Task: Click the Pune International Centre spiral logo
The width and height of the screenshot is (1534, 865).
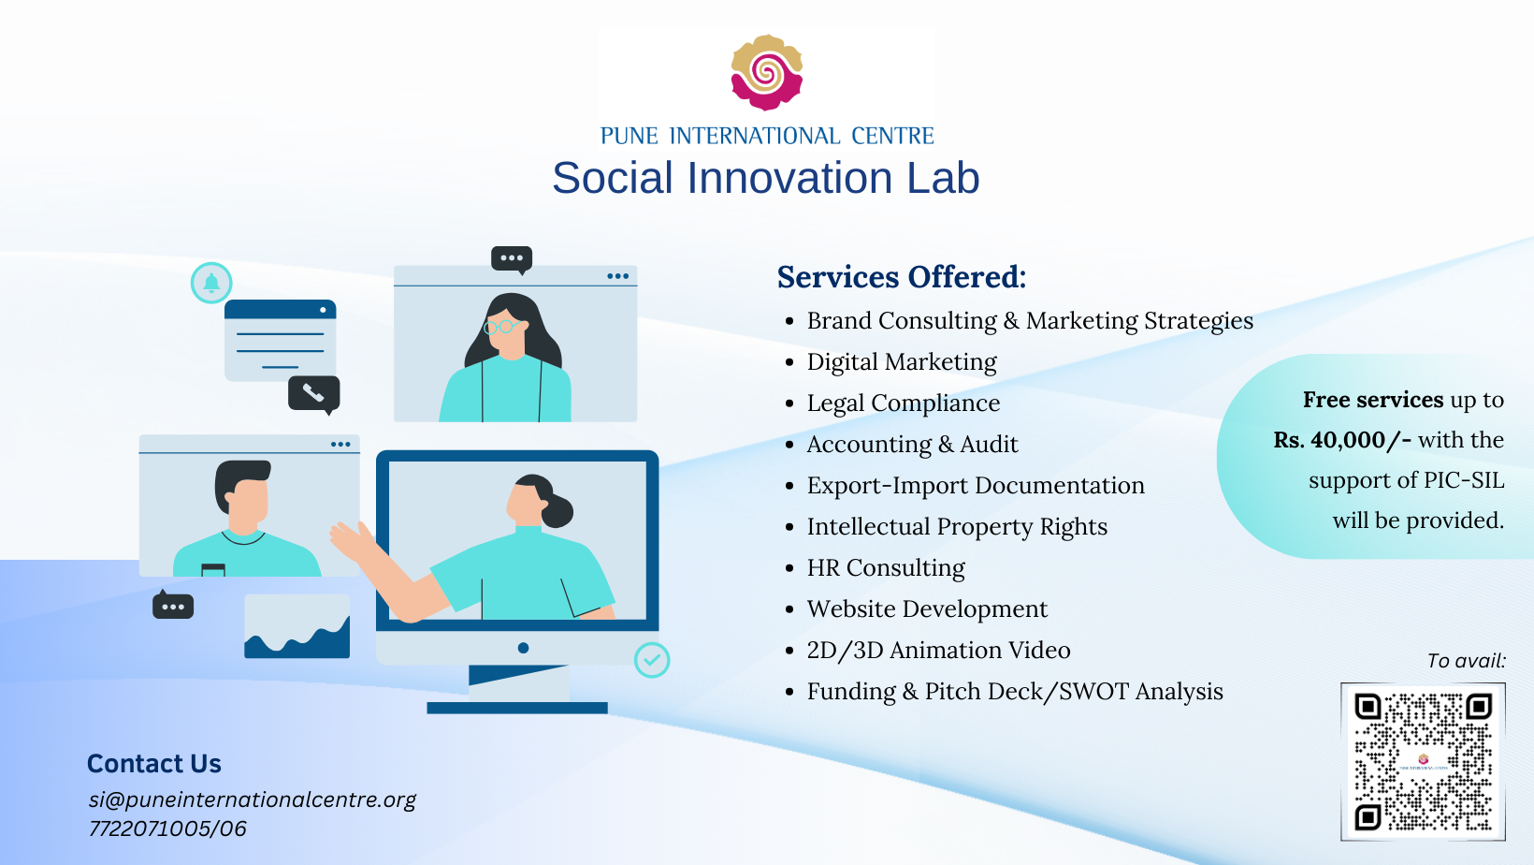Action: coord(766,72)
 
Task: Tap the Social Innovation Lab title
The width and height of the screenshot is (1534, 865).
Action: coord(766,178)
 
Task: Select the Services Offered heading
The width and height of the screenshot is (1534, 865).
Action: coord(902,277)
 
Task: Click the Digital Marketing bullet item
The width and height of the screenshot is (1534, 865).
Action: coord(902,362)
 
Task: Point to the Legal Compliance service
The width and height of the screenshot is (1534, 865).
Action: coord(904,403)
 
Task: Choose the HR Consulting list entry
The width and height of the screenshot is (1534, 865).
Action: coord(886,567)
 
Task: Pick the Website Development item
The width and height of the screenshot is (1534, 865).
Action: coord(927,608)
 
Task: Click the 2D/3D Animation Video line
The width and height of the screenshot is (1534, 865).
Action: coord(938,650)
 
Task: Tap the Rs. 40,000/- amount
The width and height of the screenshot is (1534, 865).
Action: coord(1342,440)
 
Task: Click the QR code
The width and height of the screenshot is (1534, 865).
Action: coord(1423,761)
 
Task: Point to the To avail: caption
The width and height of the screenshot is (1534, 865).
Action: coord(1467,661)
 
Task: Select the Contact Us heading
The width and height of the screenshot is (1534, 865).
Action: coord(154,764)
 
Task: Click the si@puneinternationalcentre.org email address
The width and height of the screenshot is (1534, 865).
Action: coord(252,799)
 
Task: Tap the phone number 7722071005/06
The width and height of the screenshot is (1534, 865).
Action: coord(167,828)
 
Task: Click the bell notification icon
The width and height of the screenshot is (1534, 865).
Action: coord(211,283)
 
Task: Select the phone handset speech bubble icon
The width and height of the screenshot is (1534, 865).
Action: coord(314,393)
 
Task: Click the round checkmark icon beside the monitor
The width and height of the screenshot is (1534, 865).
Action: coord(652,660)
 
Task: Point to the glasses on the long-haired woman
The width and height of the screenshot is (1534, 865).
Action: coord(504,327)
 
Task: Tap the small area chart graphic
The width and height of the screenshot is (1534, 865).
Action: coord(297,626)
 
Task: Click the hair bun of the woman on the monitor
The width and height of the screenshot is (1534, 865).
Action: coord(558,510)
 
